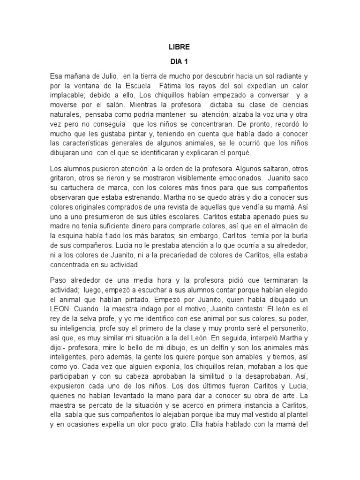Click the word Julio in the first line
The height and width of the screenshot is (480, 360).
coord(108,76)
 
